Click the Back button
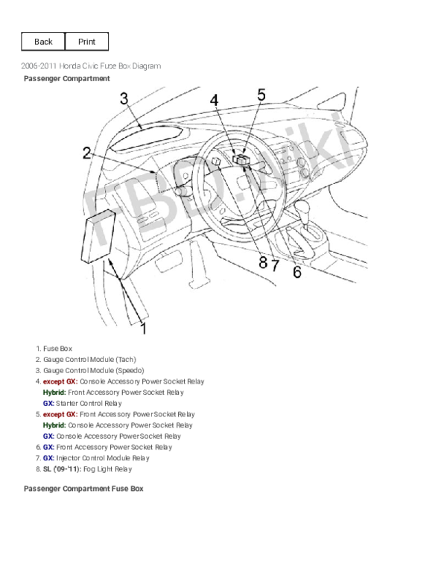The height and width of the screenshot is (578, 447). [43, 42]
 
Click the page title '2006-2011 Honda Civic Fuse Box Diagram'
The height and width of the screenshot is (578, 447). [91, 66]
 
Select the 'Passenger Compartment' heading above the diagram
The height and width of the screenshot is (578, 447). [67, 78]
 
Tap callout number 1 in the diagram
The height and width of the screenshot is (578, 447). [143, 328]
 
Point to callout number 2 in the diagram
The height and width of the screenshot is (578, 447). [87, 153]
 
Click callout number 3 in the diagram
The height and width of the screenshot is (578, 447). [124, 98]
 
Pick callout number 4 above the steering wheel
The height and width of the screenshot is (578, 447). [214, 101]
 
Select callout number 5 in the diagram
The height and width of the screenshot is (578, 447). [261, 95]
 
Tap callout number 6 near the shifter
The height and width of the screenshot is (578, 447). [297, 273]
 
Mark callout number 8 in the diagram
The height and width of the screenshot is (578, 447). [262, 262]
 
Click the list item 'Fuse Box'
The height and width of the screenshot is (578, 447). [57, 348]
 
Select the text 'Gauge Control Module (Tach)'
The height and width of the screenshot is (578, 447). [89, 359]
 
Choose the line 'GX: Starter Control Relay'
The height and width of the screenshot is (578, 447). [82, 403]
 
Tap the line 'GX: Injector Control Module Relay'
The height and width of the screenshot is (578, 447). [96, 458]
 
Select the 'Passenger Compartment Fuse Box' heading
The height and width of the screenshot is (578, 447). [83, 489]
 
